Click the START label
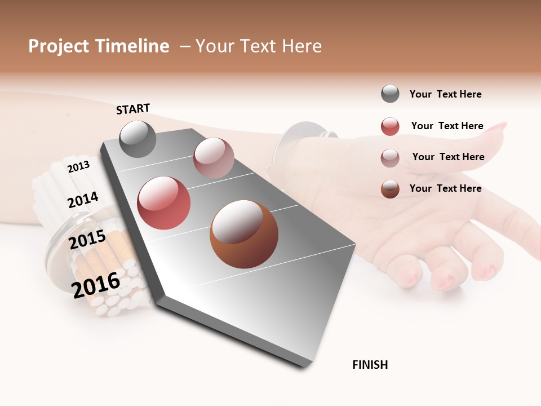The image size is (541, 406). pyautogui.click(x=133, y=108)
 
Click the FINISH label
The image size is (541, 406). pyautogui.click(x=370, y=365)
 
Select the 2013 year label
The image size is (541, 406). pyautogui.click(x=78, y=166)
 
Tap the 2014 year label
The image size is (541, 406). pyautogui.click(x=83, y=200)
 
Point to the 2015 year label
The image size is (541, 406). pyautogui.click(x=87, y=239)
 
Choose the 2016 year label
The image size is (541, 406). pyautogui.click(x=96, y=285)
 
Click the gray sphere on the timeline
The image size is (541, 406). pyautogui.click(x=138, y=139)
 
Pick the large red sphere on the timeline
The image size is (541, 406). pyautogui.click(x=163, y=203)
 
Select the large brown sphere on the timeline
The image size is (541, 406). pyautogui.click(x=244, y=234)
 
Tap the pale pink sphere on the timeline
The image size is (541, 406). pyautogui.click(x=214, y=158)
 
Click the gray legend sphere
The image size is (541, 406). pyautogui.click(x=390, y=94)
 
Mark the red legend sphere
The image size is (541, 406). pyautogui.click(x=390, y=126)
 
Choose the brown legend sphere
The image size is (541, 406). pyautogui.click(x=390, y=189)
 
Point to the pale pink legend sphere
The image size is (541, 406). pyautogui.click(x=390, y=157)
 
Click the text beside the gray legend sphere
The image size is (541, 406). pyautogui.click(x=445, y=94)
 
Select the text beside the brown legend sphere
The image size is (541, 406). pyautogui.click(x=445, y=188)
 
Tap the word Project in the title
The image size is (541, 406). pyautogui.click(x=59, y=46)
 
